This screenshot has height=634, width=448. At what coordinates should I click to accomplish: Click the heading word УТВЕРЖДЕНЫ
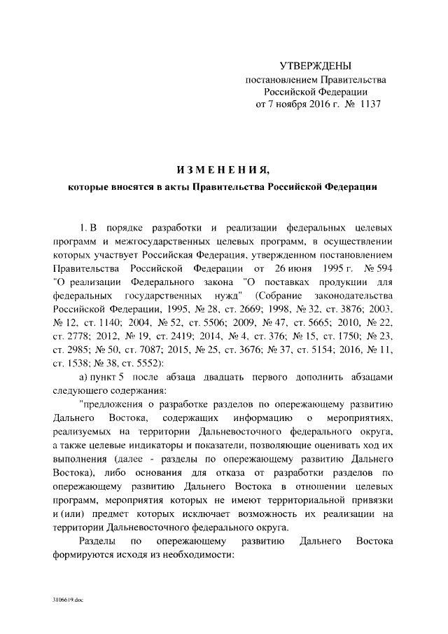pyautogui.click(x=315, y=66)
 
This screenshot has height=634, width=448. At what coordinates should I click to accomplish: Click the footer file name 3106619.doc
pyautogui.click(x=65, y=601)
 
